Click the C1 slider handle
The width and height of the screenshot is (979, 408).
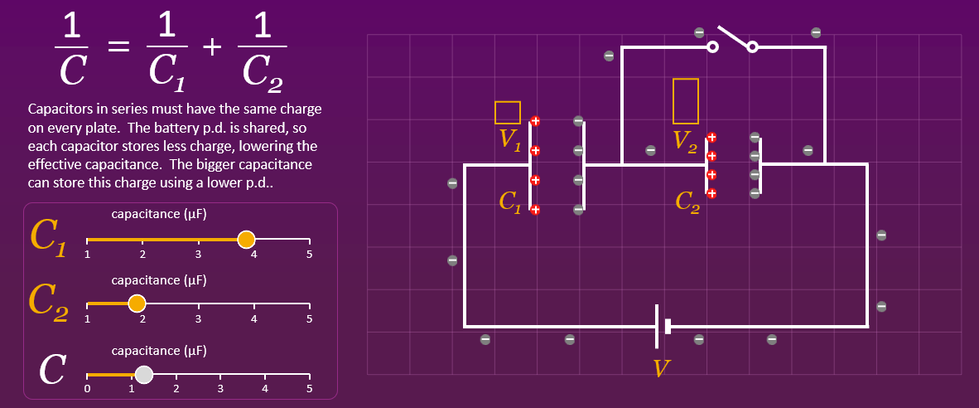coord(246,240)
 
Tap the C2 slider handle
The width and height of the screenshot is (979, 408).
coord(137,304)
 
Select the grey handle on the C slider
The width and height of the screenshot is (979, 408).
coord(144,375)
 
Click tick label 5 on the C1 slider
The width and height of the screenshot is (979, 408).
coord(309,255)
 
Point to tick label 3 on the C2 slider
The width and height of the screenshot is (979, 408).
coord(198,318)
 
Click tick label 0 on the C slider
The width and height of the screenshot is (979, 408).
coord(87,388)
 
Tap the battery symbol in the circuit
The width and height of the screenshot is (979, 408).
coord(662,326)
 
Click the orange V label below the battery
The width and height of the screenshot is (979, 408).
coord(660,368)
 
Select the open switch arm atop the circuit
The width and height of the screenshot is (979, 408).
coord(732,38)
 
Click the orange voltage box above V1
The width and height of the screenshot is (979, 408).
coord(507,112)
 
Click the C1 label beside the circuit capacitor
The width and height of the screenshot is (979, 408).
coord(510,202)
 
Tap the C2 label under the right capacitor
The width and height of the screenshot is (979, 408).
coord(687,202)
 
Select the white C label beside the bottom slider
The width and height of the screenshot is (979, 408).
coord(51,370)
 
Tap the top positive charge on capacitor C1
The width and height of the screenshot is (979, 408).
coord(535,121)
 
